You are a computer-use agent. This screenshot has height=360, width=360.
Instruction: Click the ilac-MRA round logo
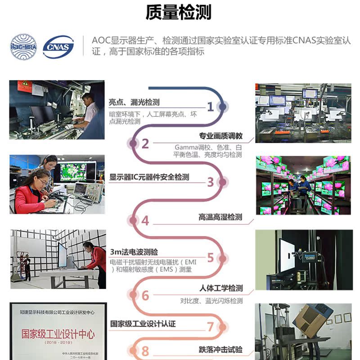(x=24, y=46)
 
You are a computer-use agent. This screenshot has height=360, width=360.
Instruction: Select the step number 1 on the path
(x=210, y=107)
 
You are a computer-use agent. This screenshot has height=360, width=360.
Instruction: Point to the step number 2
(x=145, y=144)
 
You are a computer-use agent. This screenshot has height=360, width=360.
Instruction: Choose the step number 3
(x=210, y=182)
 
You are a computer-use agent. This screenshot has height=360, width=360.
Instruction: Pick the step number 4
(x=145, y=221)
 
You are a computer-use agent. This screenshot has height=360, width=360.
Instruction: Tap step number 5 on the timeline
(x=210, y=258)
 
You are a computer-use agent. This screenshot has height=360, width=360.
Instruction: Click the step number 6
(x=145, y=296)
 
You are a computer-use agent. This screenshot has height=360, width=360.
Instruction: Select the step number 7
(x=210, y=326)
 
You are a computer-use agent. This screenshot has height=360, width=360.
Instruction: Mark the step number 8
(x=145, y=351)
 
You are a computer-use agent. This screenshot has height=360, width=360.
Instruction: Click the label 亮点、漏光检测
(x=134, y=103)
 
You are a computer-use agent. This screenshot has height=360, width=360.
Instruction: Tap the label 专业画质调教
(x=220, y=136)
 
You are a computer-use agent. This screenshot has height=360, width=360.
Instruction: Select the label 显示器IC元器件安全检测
(x=149, y=177)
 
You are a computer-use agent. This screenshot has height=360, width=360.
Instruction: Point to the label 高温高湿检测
(x=220, y=217)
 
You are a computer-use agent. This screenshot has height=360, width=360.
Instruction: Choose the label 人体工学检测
(x=220, y=288)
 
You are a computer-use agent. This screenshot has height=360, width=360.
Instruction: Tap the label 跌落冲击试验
(x=220, y=350)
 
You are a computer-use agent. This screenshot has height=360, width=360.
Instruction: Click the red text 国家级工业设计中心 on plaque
(x=58, y=334)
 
